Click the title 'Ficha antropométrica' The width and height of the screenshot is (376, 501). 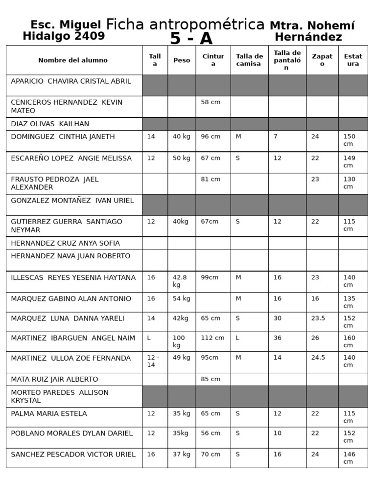pos(185,24)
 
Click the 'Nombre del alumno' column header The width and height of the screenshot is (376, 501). pos(73,60)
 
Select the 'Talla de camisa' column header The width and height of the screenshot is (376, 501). pos(249,60)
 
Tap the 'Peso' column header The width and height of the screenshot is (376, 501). pos(182,60)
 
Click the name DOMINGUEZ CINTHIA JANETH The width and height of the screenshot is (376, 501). pos(63,137)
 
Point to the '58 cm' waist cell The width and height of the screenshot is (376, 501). pos(211,102)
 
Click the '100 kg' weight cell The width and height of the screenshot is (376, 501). pos(179,342)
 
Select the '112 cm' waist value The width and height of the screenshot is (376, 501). pos(212,338)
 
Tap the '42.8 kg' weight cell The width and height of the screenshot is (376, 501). pos(180,281)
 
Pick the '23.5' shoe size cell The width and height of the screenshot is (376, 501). pos(318,318)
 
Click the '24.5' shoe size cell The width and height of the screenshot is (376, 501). pos(318,358)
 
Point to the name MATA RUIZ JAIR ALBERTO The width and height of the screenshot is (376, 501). pos(54,379)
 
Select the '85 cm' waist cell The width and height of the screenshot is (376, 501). pos(211,379)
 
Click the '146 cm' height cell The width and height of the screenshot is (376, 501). pos(350,458)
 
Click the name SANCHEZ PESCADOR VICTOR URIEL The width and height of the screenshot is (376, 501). pos(73,455)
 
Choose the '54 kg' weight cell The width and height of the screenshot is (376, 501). pos(181,298)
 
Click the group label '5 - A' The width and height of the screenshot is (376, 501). pos(191,39)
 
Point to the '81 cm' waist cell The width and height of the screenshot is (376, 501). pos(211,179)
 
